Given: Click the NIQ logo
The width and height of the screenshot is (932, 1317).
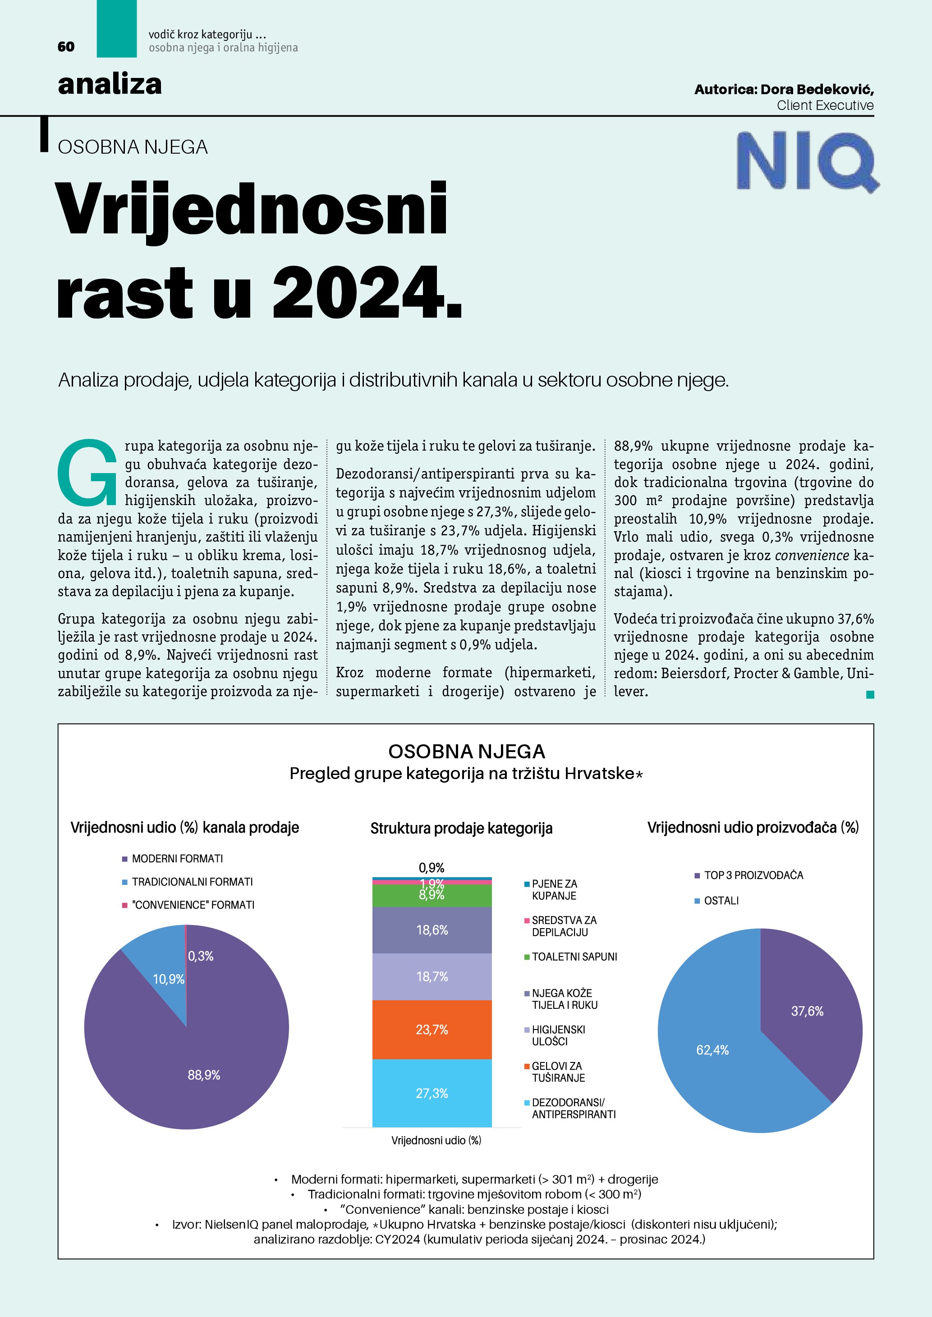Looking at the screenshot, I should (x=807, y=161).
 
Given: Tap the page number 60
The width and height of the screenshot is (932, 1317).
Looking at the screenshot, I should (x=66, y=47).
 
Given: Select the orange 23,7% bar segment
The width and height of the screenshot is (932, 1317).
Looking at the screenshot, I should (x=432, y=1030).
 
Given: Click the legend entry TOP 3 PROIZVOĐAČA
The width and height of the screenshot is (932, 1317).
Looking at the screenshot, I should (x=753, y=876).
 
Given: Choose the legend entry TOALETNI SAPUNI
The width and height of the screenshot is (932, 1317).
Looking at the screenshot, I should (x=574, y=957).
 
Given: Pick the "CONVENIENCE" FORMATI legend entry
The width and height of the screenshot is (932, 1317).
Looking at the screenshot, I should (x=193, y=905).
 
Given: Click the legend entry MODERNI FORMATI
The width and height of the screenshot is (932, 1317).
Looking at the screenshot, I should (x=177, y=859).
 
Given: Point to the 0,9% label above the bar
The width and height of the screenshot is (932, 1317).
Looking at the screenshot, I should (x=432, y=867).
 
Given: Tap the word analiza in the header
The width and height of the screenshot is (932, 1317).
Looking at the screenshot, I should (x=110, y=84).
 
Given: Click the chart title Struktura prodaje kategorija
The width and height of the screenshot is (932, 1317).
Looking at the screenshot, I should (x=461, y=828).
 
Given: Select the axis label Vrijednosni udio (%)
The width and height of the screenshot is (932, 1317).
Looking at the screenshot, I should (x=436, y=1140).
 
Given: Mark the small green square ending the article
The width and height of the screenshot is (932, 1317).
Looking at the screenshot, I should (x=870, y=695).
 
